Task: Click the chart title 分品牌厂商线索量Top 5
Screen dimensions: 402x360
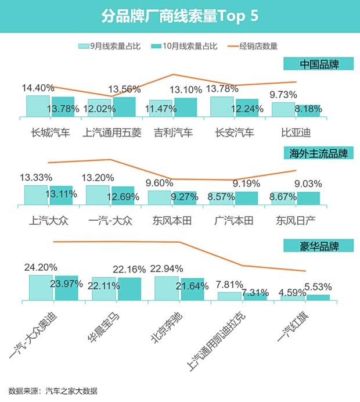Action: click(x=179, y=16)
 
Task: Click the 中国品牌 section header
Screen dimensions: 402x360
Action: click(x=319, y=63)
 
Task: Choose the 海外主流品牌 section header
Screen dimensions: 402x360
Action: click(x=319, y=154)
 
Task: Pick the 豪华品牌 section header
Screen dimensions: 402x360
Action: click(x=319, y=246)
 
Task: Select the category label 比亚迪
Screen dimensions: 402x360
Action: click(x=296, y=132)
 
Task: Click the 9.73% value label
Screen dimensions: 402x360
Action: click(x=284, y=94)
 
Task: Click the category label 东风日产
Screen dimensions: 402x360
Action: click(x=296, y=221)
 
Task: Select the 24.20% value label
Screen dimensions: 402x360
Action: click(x=41, y=267)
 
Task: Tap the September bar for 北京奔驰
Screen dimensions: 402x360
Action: click(x=167, y=288)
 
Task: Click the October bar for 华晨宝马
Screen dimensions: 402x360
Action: click(x=129, y=289)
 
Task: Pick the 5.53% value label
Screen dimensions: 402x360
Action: click(x=318, y=286)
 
